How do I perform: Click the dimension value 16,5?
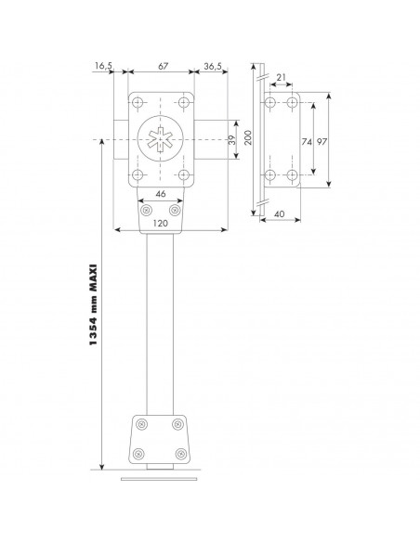[103, 65]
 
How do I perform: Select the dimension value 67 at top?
[163, 66]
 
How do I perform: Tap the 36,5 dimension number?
[213, 66]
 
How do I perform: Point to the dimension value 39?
[232, 139]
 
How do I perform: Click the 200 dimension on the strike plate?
[248, 137]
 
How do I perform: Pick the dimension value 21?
[281, 77]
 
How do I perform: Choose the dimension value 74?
[307, 141]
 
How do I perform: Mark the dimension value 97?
[322, 141]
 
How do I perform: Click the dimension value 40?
[279, 214]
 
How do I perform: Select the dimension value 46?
[161, 194]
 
